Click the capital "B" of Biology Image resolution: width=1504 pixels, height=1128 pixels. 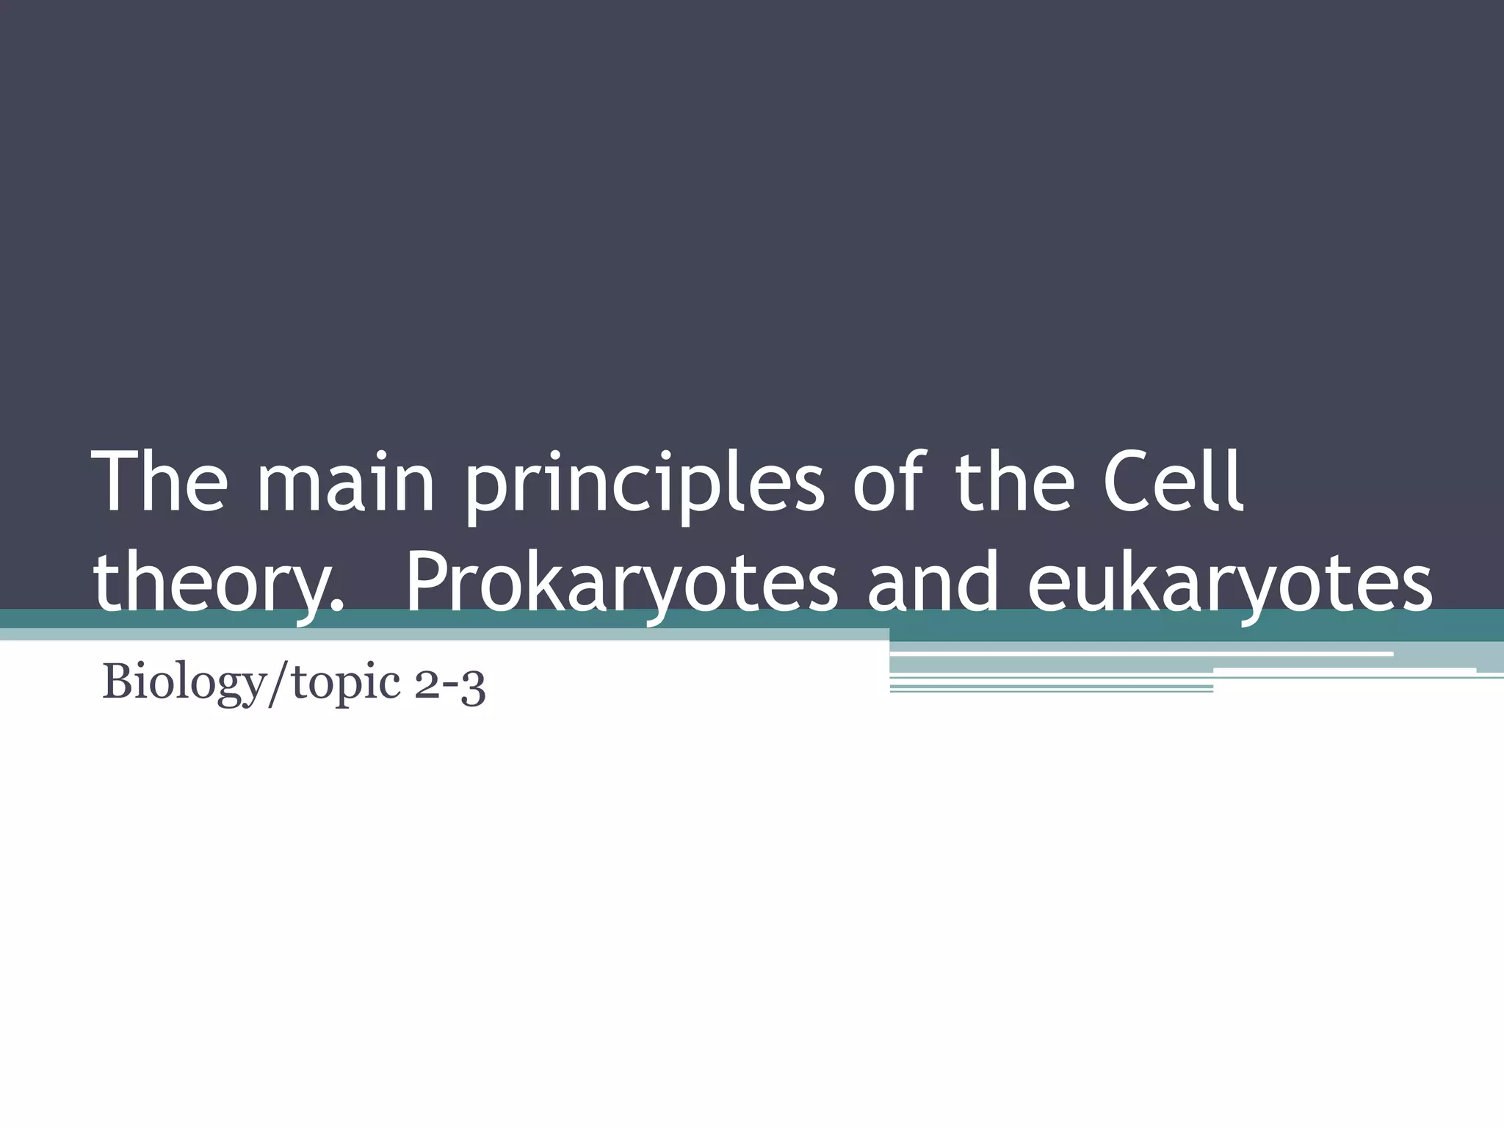(117, 681)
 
